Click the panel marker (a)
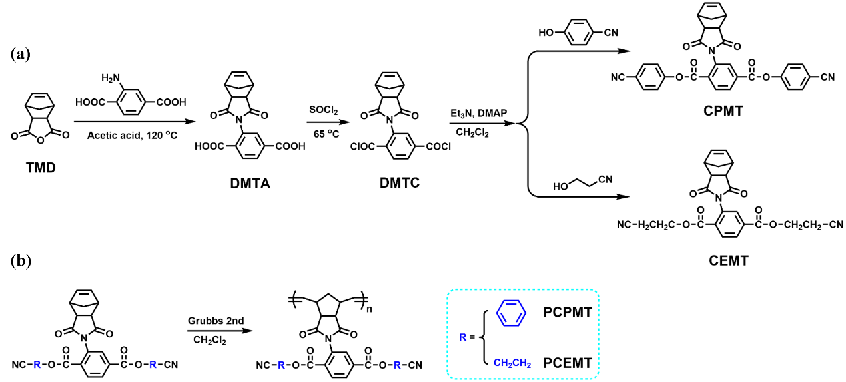(21, 54)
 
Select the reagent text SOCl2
(325, 109)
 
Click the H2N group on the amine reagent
(111, 79)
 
